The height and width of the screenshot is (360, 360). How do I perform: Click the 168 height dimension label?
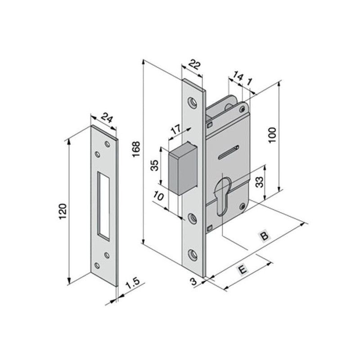point(136,149)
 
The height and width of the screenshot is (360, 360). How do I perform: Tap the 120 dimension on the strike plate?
point(63,211)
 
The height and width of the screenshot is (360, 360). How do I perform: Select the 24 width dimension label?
point(107,118)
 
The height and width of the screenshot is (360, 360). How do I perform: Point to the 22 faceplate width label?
point(195,64)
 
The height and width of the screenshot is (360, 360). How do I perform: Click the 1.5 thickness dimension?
point(133,283)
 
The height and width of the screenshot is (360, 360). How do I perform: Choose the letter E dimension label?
point(243,269)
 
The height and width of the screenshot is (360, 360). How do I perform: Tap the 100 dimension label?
point(272,135)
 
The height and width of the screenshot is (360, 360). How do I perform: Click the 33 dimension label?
point(259,182)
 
